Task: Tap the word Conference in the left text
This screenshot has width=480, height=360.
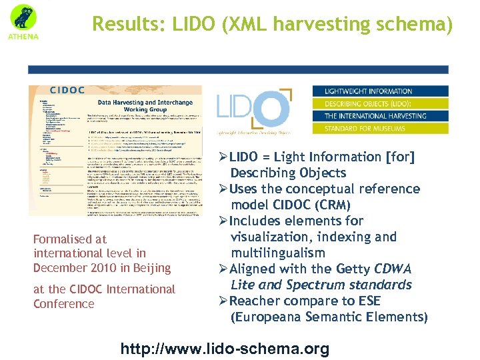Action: [64, 304]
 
